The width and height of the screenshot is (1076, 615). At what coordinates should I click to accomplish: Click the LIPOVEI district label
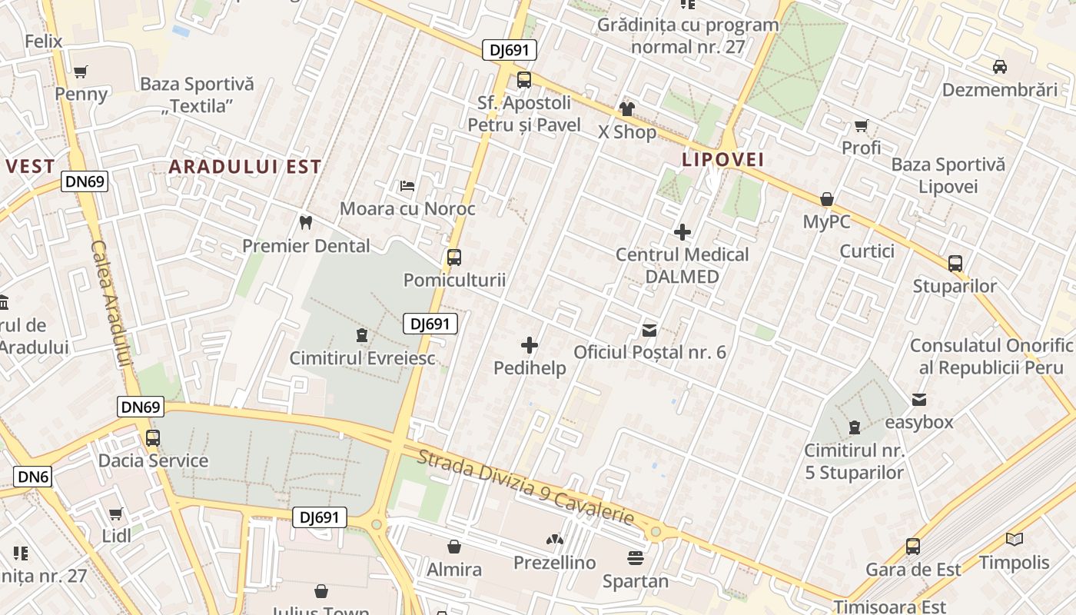[722, 160]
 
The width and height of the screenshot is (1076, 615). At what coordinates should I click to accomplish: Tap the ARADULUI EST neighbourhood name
[244, 167]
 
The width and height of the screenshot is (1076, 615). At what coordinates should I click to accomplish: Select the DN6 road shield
[32, 477]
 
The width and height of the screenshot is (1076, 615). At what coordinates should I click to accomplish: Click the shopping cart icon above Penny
[81, 72]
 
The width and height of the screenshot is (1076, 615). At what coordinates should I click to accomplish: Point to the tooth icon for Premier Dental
[306, 223]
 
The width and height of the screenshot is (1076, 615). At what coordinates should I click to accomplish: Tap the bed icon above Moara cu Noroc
[407, 186]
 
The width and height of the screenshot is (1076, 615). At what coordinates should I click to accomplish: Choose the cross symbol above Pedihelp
[530, 345]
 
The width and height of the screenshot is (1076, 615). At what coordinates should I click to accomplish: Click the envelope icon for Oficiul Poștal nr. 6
[649, 331]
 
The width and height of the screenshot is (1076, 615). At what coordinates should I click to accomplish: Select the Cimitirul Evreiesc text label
[362, 358]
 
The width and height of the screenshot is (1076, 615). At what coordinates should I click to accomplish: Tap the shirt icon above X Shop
[627, 109]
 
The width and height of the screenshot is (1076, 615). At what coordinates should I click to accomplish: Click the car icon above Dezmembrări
[999, 67]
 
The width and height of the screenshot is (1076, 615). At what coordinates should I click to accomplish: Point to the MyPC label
[826, 222]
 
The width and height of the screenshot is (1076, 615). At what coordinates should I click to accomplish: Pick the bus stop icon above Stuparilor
[955, 264]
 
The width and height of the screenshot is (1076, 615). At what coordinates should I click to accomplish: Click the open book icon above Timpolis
[1015, 540]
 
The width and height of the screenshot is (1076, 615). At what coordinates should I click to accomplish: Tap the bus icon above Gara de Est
[913, 547]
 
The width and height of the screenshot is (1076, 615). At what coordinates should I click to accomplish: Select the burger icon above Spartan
[636, 557]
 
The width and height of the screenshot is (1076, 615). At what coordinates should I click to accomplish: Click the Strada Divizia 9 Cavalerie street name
[526, 487]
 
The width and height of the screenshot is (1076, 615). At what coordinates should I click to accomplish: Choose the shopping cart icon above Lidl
[115, 514]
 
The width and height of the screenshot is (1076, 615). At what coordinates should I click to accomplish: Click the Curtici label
[867, 251]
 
